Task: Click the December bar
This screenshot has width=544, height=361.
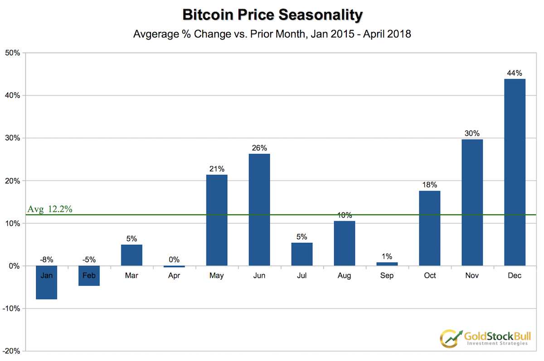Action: [515, 172]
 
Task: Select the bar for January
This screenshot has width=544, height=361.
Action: [46, 283]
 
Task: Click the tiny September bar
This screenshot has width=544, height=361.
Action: [387, 264]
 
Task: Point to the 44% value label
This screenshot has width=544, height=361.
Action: [515, 73]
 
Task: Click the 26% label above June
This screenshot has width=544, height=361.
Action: [259, 148]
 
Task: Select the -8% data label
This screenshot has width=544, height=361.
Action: [46, 260]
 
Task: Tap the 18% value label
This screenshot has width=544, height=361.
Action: [429, 185]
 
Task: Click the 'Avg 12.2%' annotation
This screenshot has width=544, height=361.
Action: [50, 209]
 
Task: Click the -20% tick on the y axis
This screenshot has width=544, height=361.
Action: [11, 351]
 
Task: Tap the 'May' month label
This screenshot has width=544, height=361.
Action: [217, 275]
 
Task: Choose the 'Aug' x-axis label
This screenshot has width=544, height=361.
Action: [344, 275]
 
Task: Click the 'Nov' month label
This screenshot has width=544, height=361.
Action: [472, 275]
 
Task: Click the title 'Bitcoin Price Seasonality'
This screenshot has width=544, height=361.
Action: [272, 15]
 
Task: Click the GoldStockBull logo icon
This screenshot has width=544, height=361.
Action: [449, 337]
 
